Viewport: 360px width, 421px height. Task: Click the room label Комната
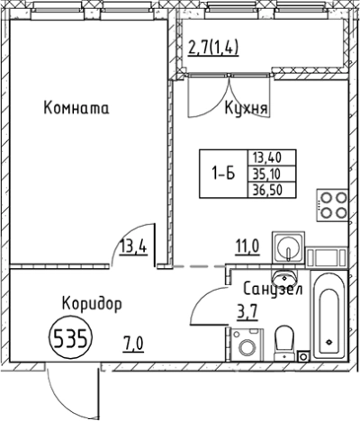click(76, 109)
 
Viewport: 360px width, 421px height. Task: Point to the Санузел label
click(273, 290)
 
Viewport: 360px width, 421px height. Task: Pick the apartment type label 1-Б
click(220, 174)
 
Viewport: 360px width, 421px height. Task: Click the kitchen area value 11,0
click(248, 242)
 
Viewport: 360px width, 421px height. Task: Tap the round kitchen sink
click(290, 246)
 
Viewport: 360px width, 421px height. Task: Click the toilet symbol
click(284, 341)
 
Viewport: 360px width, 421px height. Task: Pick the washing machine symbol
click(244, 345)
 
